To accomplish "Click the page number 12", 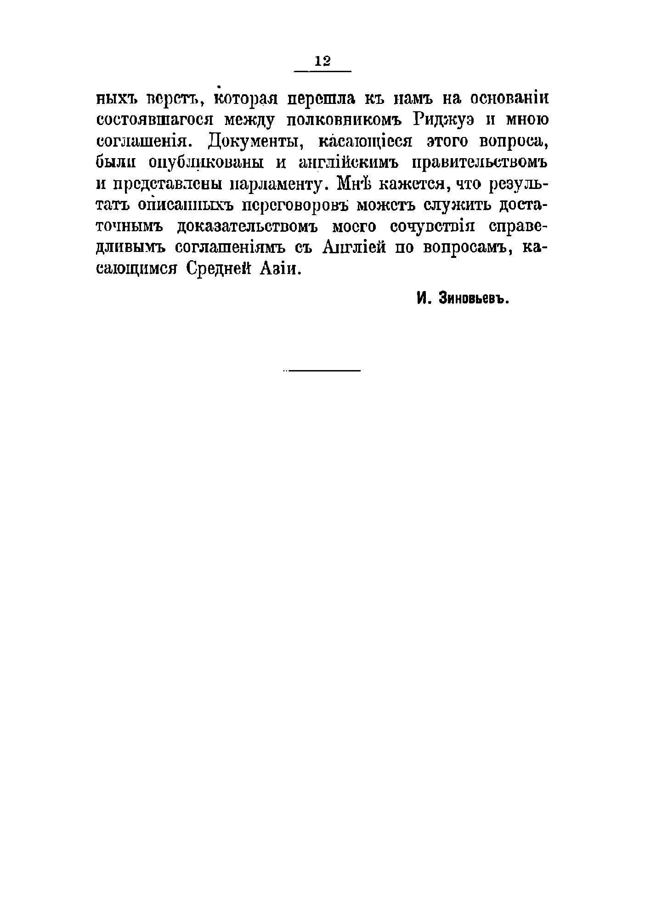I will (x=322, y=61).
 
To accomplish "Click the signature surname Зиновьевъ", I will (x=475, y=299).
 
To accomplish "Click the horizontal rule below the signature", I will (x=323, y=371).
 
